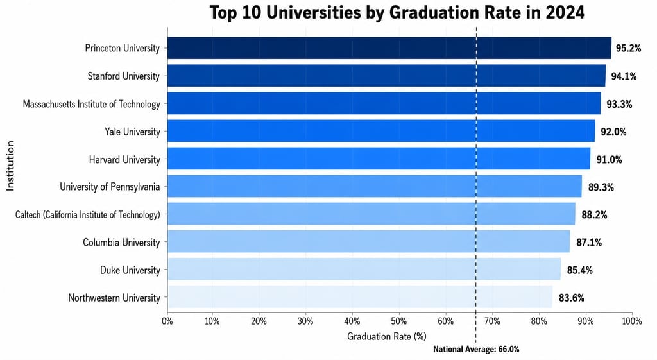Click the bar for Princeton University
pyautogui.click(x=389, y=47)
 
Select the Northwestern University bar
pyautogui.click(x=360, y=297)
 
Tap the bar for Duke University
pyautogui.click(x=364, y=269)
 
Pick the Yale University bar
pyautogui.click(x=381, y=131)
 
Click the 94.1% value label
pyautogui.click(x=624, y=76)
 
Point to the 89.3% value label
pyautogui.click(x=601, y=187)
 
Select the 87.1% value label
pyautogui.click(x=589, y=242)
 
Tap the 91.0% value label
pyautogui.click(x=609, y=159)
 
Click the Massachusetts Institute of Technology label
pyautogui.click(x=91, y=104)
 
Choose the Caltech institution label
pyautogui.click(x=87, y=214)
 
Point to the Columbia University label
pyautogui.click(x=121, y=242)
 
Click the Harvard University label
pyautogui.click(x=124, y=159)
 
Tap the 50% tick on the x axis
pyautogui.click(x=398, y=321)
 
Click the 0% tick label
pyautogui.click(x=167, y=321)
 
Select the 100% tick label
pyautogui.click(x=632, y=321)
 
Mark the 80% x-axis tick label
pyautogui.click(x=539, y=321)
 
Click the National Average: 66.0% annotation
pyautogui.click(x=476, y=349)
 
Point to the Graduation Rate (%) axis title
pyautogui.click(x=387, y=336)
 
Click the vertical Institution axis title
pyautogui.click(x=10, y=166)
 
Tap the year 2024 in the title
pyautogui.click(x=565, y=12)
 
